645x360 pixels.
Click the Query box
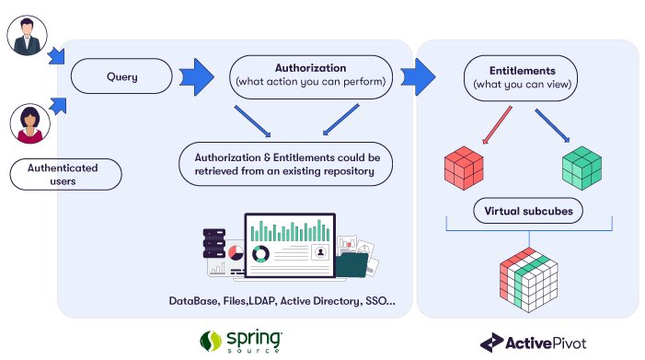click(121, 76)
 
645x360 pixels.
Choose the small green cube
click(583, 167)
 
